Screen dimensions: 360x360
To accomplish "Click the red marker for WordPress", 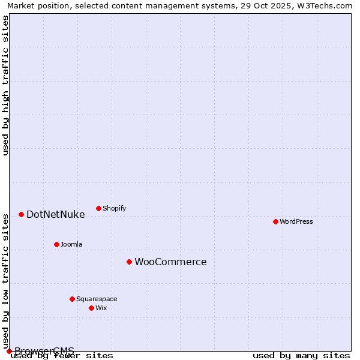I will click(275, 221).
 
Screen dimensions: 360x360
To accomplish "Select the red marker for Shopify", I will click(98, 208).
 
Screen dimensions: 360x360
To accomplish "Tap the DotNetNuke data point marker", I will click(21, 214).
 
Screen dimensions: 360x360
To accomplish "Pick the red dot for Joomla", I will click(56, 244).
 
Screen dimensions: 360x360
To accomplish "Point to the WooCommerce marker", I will click(129, 262).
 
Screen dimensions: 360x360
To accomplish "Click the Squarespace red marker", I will click(72, 299).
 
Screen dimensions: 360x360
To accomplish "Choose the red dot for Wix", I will click(91, 308).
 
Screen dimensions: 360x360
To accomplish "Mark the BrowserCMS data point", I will click(9, 351).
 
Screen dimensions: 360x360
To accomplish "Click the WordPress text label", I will click(296, 221).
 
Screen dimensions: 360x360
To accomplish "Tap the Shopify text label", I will click(114, 208).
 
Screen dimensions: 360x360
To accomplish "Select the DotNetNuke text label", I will click(56, 214).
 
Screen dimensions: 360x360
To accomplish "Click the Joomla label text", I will click(71, 244).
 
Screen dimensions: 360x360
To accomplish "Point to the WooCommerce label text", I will click(170, 262).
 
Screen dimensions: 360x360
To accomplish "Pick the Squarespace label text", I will click(97, 299).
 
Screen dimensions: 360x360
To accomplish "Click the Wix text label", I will click(101, 308).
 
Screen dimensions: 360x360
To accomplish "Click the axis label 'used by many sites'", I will click(301, 355).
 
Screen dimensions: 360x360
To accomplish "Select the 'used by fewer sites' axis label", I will click(62, 355).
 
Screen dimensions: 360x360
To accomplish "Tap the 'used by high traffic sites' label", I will click(5, 85).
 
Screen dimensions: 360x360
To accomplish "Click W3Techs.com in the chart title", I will click(324, 5).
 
